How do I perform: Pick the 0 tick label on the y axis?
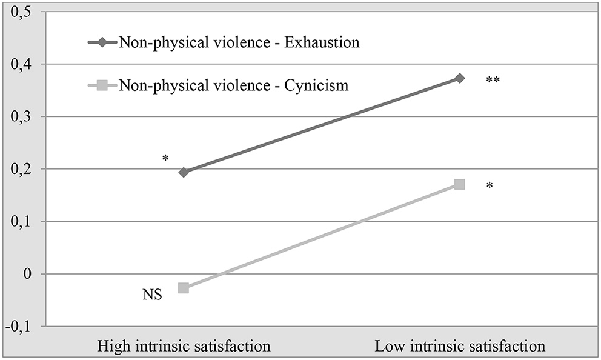click(27, 274)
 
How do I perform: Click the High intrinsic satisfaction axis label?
click(184, 347)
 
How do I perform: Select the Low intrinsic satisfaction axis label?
click(460, 347)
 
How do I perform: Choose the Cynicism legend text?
click(233, 85)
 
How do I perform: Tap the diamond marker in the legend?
click(102, 43)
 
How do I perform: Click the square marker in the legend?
click(102, 85)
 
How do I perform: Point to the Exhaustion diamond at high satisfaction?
click(184, 172)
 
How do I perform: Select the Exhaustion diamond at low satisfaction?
click(460, 78)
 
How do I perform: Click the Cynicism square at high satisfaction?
click(184, 288)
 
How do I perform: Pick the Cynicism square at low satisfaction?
click(460, 184)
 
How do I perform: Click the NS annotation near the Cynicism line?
click(153, 297)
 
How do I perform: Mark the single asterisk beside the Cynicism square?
click(489, 186)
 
